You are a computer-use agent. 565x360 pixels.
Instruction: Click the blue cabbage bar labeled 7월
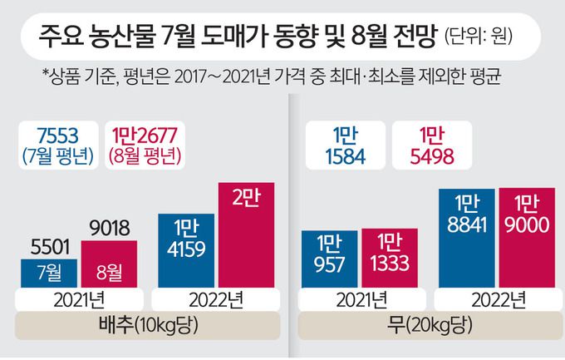tap(50, 271)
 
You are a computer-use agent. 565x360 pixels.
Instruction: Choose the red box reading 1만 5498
tap(425, 146)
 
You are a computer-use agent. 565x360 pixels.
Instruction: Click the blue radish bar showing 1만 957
tap(329, 258)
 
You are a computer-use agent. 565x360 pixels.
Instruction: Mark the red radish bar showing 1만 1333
tap(387, 258)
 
